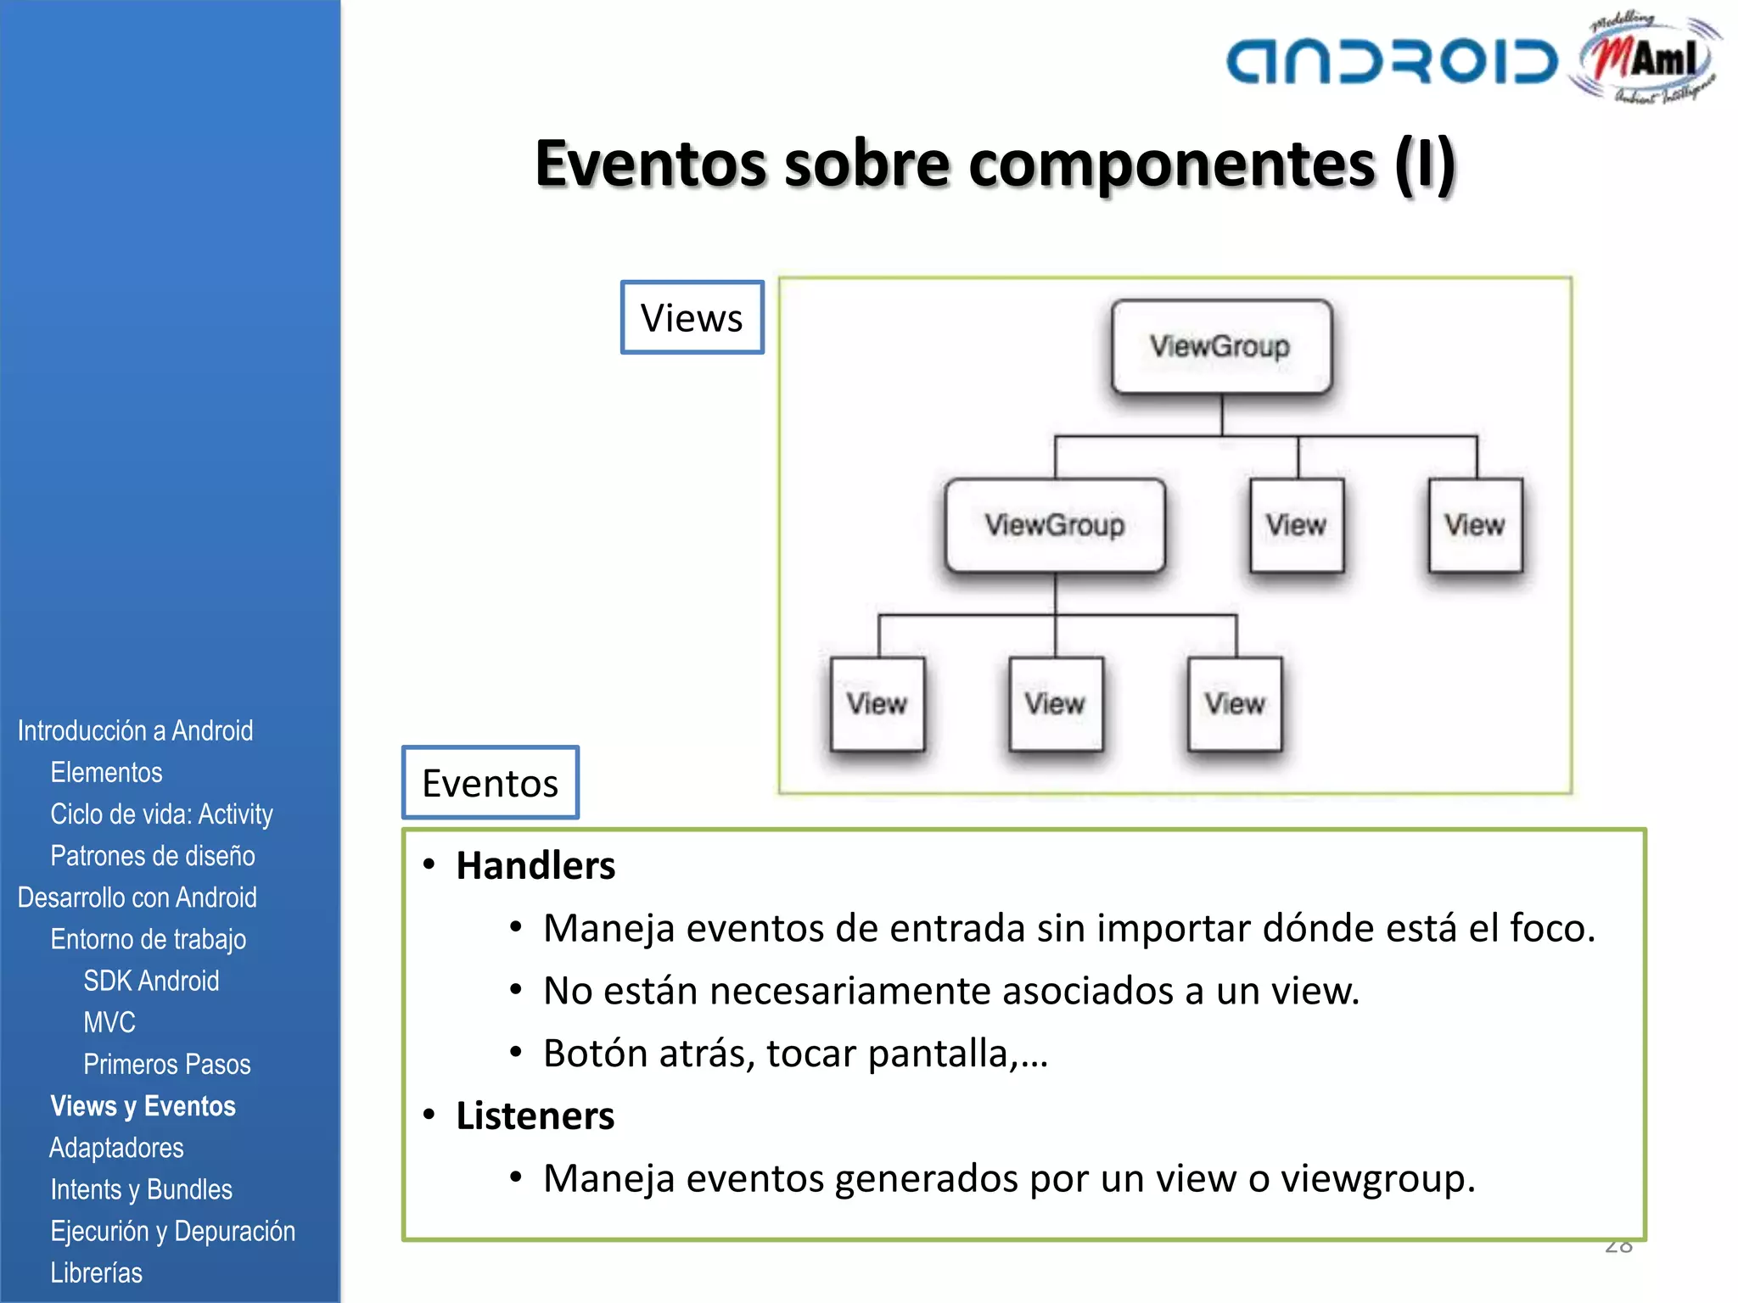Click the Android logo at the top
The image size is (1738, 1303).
coord(1392,62)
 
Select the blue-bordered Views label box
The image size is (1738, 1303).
coord(692,317)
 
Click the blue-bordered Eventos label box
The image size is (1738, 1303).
coord(491,782)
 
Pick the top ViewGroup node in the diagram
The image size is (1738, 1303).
coord(1221,346)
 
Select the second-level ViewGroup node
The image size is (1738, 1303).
coord(1055,525)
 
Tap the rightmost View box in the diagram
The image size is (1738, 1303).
coord(1475,525)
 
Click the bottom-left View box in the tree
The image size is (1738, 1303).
coord(877,704)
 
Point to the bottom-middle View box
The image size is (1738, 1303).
coord(1056,704)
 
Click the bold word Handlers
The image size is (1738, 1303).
coord(535,866)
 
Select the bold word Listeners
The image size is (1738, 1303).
coord(535,1116)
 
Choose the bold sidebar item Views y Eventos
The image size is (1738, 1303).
coord(143,1106)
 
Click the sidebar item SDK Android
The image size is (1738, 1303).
coord(151,981)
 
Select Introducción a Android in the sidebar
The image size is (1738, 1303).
coord(135,730)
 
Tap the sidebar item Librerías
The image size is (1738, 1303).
coord(96,1272)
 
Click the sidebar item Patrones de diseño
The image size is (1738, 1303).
coord(153,856)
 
